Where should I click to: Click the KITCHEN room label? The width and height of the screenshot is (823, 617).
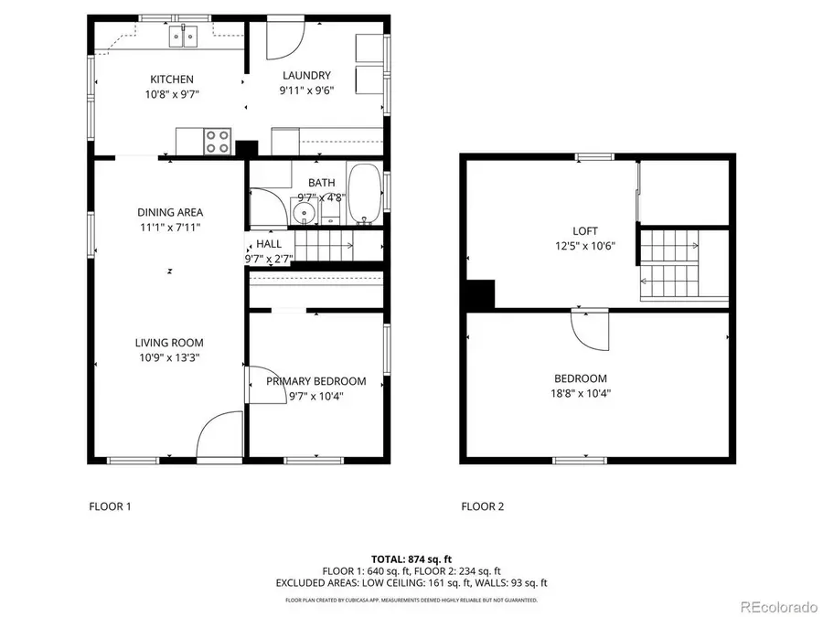[171, 80]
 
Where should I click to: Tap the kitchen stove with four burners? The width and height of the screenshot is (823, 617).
[218, 142]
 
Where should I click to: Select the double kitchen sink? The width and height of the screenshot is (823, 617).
[184, 37]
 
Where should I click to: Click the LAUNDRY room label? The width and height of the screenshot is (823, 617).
[306, 76]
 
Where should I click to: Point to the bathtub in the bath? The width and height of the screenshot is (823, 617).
[366, 194]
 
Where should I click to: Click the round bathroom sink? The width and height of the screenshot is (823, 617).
[304, 213]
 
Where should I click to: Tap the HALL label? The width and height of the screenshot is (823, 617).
[269, 244]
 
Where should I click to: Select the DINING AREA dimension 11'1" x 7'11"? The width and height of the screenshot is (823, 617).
[170, 227]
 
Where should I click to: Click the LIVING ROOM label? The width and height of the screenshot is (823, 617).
[169, 343]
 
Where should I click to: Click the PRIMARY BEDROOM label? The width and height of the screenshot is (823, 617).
[315, 381]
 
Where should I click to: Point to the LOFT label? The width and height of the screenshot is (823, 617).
[585, 231]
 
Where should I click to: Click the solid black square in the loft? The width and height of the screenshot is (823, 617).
[480, 295]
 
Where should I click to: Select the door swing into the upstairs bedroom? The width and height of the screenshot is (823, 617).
[589, 330]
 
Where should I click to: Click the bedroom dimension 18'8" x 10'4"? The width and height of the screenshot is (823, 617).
[581, 394]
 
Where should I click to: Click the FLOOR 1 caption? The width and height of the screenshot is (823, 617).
[110, 506]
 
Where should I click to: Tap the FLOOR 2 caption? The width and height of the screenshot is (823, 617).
[482, 506]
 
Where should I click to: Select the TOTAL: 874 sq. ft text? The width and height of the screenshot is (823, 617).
[411, 558]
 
